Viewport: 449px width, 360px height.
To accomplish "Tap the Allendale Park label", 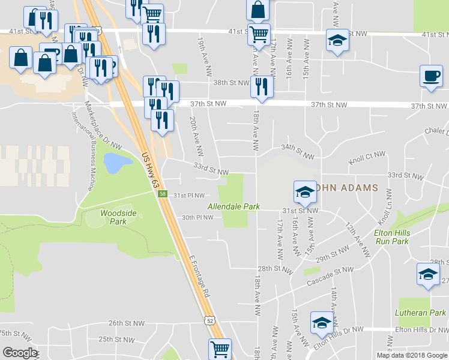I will click(234, 206).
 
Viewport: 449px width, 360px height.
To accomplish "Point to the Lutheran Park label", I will click(420, 313).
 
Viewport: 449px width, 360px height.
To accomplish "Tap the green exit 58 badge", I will click(162, 194).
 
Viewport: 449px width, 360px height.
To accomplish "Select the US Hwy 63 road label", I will click(152, 169).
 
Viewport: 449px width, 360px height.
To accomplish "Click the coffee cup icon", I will click(430, 76).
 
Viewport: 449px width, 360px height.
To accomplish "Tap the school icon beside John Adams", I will click(304, 192).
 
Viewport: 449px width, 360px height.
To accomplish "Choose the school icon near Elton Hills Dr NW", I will click(322, 323).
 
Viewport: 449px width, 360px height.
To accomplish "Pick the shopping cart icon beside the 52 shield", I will click(220, 348).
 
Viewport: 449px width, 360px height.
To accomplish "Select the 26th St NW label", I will click(125, 323).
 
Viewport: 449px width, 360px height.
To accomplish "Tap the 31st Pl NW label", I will click(189, 196).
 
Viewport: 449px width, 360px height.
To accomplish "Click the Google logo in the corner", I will click(20, 352).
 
